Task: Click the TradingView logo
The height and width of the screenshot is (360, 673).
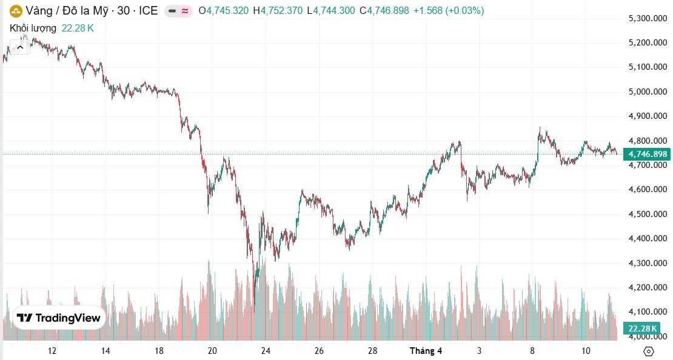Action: pyautogui.click(x=59, y=318)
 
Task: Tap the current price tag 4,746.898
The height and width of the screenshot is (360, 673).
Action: pyautogui.click(x=648, y=154)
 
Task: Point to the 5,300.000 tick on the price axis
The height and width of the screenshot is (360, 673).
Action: pyautogui.click(x=648, y=18)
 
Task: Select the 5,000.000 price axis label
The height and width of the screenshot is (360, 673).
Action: pyautogui.click(x=648, y=92)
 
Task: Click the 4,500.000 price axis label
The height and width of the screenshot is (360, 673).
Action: pyautogui.click(x=648, y=214)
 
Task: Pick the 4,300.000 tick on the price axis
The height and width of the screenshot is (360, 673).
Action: pyautogui.click(x=648, y=263)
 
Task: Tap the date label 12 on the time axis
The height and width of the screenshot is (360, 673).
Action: pyautogui.click(x=52, y=351)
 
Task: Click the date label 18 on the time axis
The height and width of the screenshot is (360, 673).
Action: pyautogui.click(x=159, y=351)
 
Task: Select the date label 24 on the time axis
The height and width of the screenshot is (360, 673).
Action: pyautogui.click(x=266, y=351)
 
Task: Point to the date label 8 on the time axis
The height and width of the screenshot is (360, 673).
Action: pyautogui.click(x=532, y=351)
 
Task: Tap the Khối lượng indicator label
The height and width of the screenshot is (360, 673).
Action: pyautogui.click(x=33, y=28)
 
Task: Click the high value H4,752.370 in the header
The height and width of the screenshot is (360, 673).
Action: pyautogui.click(x=278, y=10)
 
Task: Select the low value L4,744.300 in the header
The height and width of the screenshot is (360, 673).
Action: pyautogui.click(x=331, y=10)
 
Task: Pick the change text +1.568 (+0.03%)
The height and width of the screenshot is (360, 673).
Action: pyautogui.click(x=449, y=10)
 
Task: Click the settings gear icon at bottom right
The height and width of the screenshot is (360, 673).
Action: pyautogui.click(x=648, y=351)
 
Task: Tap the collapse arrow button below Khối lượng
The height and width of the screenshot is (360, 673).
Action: pyautogui.click(x=21, y=46)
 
